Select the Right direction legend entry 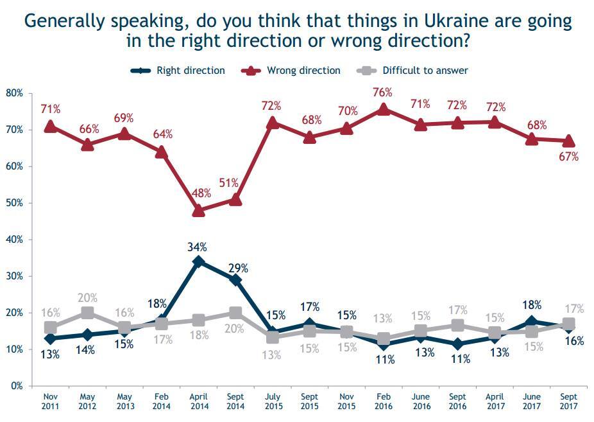click(191, 70)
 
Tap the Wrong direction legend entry click(303, 70)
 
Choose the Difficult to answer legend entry click(425, 70)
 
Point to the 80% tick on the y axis click(14, 93)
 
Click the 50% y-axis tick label click(14, 203)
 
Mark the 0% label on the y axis click(17, 386)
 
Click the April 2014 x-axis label click(198, 402)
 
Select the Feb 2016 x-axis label click(383, 402)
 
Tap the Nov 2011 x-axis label click(50, 402)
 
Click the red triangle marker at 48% click(198, 211)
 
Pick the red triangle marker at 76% click(383, 109)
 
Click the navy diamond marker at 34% click(198, 261)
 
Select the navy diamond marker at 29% click(235, 280)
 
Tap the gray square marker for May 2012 click(87, 313)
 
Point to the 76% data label click(383, 92)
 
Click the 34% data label click(198, 247)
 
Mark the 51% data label click(235, 184)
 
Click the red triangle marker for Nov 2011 click(50, 127)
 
